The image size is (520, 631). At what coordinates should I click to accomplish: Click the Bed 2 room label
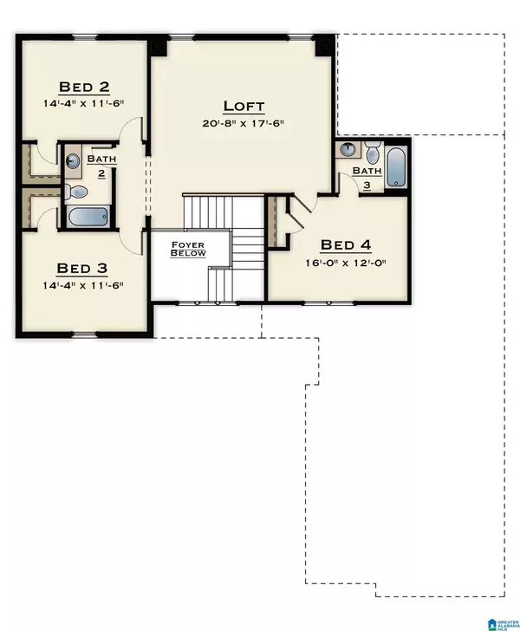point(83,87)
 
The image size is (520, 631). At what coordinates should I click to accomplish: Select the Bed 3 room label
point(83,268)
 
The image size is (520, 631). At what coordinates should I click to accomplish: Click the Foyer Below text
point(187,250)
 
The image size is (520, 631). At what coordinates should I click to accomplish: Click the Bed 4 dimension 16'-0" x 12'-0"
point(345,263)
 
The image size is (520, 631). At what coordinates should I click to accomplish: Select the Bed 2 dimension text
point(83,103)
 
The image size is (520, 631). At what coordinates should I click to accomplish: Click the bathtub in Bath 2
point(88,217)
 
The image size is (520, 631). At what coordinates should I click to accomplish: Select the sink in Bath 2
point(74,160)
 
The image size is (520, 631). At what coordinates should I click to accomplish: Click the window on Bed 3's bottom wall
point(84,335)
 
